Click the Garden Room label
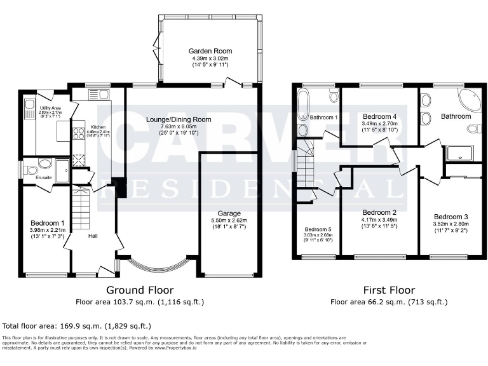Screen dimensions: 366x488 tap(210, 51)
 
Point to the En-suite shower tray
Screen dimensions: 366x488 tap(62, 170)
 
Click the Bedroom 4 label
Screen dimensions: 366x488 tap(379, 117)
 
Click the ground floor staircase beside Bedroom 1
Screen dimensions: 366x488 tap(80, 210)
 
